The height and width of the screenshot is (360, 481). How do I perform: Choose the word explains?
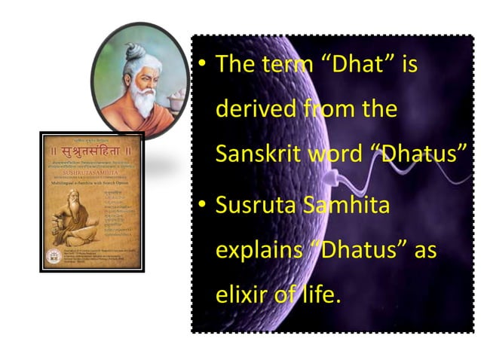click(257, 250)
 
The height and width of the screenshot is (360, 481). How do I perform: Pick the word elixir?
click(238, 295)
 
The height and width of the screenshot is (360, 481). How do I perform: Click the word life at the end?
click(314, 295)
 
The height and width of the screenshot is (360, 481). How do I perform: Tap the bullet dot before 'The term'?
click(201, 65)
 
